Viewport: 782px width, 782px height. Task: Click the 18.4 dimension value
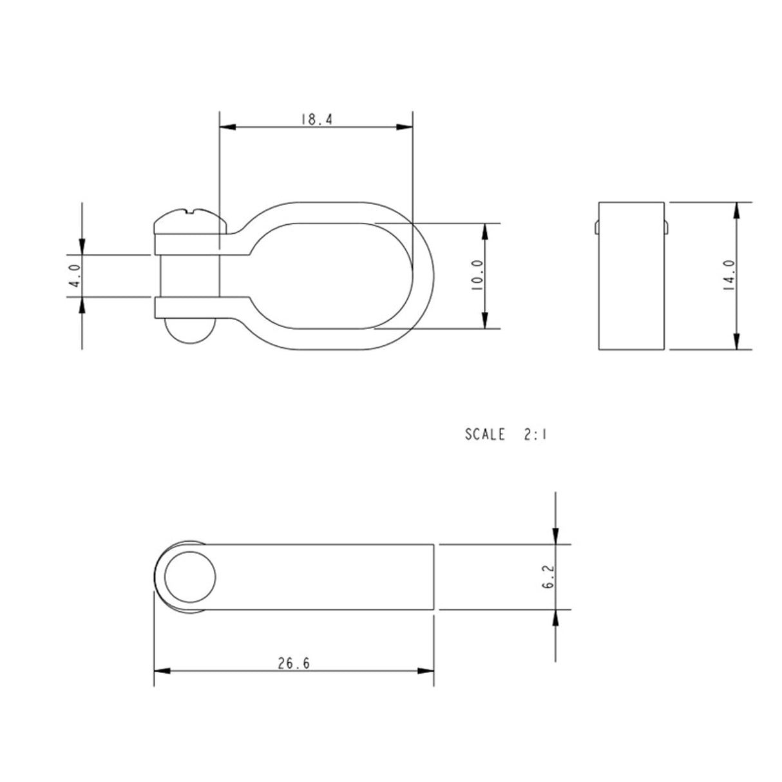(315, 119)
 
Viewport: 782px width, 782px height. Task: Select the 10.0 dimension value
(477, 276)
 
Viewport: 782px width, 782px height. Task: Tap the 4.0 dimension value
(75, 275)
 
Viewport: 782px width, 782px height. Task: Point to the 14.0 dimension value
(730, 276)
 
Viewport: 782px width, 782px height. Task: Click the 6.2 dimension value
(549, 577)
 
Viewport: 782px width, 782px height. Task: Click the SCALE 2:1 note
(506, 435)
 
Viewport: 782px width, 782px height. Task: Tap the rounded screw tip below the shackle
(189, 332)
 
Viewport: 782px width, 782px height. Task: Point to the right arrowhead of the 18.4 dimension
(405, 128)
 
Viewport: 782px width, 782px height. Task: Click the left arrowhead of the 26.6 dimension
(162, 671)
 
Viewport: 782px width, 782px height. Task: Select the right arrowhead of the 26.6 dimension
(426, 671)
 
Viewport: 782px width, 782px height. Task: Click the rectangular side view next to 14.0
(631, 276)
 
